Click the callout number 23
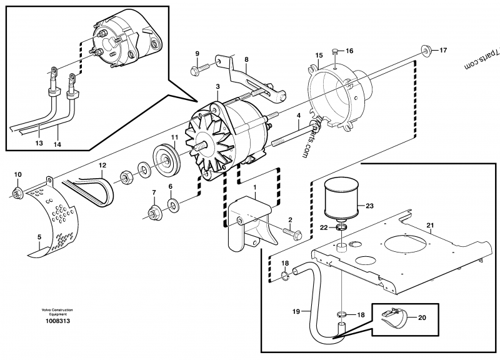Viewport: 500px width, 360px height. point(369,205)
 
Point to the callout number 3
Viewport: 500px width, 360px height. point(217,87)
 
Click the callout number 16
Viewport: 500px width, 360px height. point(349,51)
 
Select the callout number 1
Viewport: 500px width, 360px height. point(254,186)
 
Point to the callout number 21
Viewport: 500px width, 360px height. point(429,225)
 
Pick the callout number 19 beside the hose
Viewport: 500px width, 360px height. point(296,311)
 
